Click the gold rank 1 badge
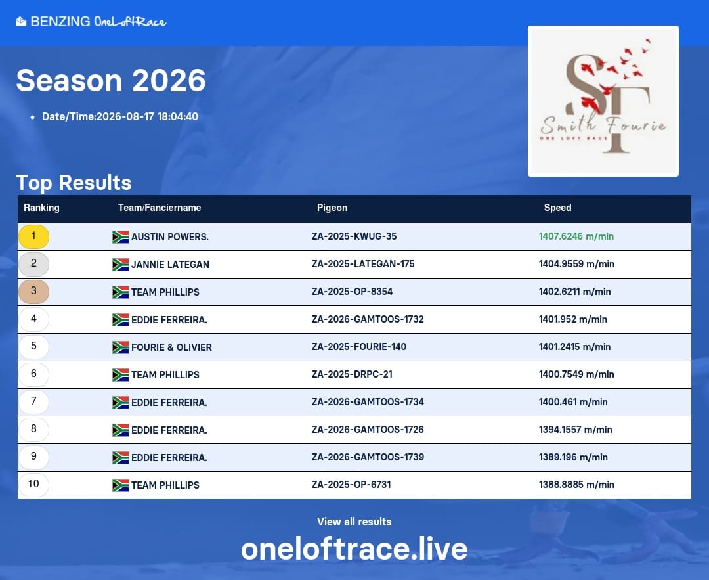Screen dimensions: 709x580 33,236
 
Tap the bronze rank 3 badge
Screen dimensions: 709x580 33,292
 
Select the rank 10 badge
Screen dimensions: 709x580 33,485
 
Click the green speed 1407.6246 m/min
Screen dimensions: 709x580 576,236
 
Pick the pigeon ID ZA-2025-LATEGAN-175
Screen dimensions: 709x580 362,264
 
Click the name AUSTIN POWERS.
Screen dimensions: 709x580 170,237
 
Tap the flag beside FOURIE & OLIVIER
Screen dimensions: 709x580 120,347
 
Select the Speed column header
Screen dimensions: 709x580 557,208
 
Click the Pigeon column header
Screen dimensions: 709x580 332,208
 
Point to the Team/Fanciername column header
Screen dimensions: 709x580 159,208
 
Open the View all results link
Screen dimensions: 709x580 354,522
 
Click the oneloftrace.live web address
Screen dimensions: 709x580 354,548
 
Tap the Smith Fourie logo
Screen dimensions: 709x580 603,101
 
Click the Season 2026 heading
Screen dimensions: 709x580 111,81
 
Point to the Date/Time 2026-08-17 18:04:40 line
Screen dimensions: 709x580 120,116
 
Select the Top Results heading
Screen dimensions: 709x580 74,183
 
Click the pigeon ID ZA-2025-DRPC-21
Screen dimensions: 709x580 352,374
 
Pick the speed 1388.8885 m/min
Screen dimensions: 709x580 576,485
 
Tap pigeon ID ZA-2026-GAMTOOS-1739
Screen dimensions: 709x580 368,457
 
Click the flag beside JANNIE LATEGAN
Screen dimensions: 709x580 120,265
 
